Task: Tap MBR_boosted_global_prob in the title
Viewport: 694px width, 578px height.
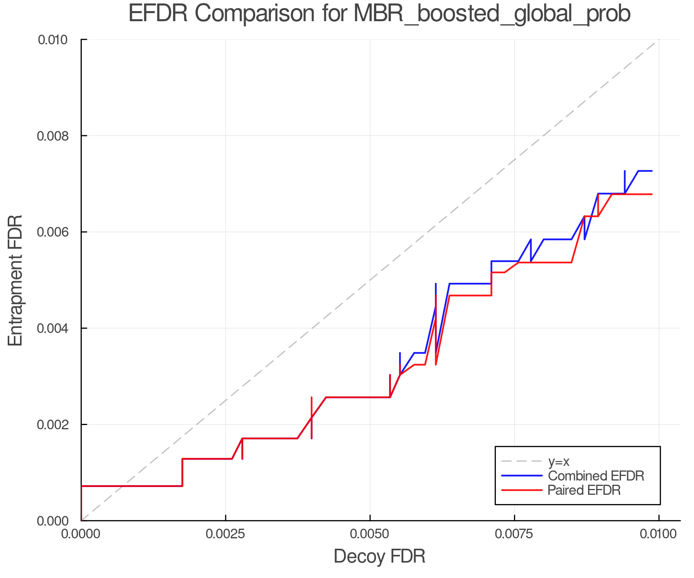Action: pos(492,14)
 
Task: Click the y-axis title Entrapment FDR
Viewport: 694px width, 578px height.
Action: pos(15,280)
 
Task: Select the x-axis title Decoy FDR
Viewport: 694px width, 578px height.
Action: pos(379,556)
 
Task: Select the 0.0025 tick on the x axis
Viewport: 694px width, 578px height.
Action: pos(226,534)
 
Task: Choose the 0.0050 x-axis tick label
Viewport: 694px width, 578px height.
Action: pos(370,534)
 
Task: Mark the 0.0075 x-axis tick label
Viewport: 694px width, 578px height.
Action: pos(514,534)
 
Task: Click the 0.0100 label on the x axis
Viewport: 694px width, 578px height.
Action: pos(659,534)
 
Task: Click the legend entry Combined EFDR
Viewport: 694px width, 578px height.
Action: pos(596,476)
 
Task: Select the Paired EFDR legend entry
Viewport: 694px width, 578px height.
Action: pos(585,490)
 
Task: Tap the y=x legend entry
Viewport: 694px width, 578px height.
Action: pos(559,461)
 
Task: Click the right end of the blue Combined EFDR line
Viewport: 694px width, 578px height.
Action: pos(652,171)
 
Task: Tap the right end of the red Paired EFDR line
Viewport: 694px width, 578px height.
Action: pos(652,194)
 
